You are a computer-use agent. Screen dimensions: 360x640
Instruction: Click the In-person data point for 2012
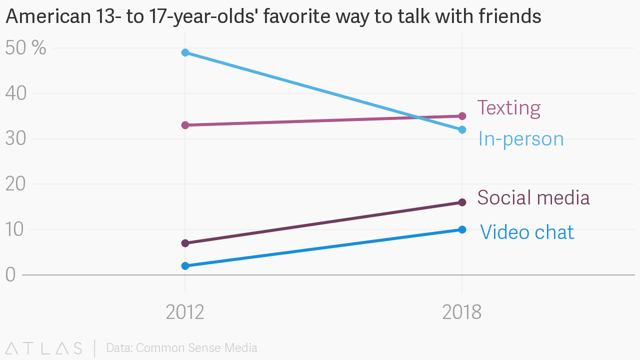(x=185, y=52)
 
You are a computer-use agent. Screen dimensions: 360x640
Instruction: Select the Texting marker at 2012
(x=185, y=125)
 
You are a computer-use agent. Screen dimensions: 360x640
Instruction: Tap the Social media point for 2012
(x=185, y=243)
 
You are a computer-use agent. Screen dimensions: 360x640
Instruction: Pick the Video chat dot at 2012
(x=185, y=266)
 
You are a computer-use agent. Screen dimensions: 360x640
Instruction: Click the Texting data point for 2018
(x=462, y=116)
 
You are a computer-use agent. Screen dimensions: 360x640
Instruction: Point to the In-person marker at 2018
(x=462, y=129)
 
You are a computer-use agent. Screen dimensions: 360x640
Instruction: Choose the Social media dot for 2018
(x=462, y=202)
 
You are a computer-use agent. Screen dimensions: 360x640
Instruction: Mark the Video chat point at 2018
(x=462, y=229)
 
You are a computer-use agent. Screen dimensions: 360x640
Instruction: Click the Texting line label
(x=508, y=108)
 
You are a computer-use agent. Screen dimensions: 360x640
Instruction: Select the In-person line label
(x=520, y=139)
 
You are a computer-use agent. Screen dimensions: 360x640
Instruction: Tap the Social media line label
(x=533, y=197)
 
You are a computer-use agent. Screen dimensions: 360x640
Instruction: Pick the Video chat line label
(x=527, y=232)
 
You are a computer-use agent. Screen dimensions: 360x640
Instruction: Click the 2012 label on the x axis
(x=185, y=312)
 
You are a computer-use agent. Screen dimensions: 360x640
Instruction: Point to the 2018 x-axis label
(x=462, y=312)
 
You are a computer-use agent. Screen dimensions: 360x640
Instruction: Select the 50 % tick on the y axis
(x=25, y=48)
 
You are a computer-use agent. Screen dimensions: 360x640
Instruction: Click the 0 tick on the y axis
(x=11, y=275)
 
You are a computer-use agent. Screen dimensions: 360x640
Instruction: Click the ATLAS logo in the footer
(x=44, y=348)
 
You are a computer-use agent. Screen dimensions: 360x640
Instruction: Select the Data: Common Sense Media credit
(x=181, y=348)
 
